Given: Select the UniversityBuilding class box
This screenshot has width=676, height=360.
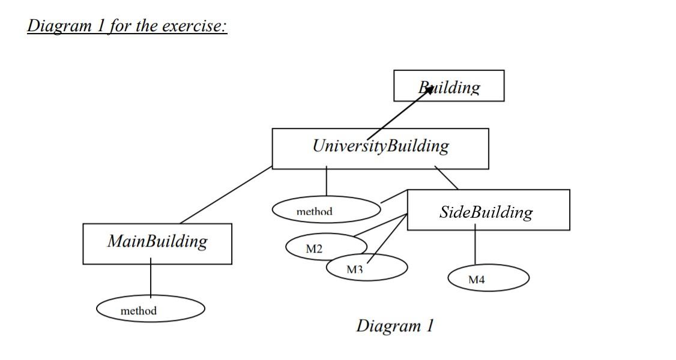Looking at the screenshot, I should pos(380,148).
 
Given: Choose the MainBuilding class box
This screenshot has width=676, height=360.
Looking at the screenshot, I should pos(157,243).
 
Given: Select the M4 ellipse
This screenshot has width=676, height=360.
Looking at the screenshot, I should pos(488,278).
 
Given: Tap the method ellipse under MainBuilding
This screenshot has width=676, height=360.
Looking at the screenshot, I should pos(150,310).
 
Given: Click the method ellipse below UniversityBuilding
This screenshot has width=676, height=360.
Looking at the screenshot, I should pos(326,210).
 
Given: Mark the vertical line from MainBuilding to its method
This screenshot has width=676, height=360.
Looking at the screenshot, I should pos(151,280).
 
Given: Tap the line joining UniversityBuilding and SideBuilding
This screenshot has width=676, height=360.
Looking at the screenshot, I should pos(446,179).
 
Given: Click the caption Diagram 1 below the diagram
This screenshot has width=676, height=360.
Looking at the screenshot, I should pos(394,326).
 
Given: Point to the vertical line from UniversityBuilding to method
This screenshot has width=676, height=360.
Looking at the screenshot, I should pos(327,182).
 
